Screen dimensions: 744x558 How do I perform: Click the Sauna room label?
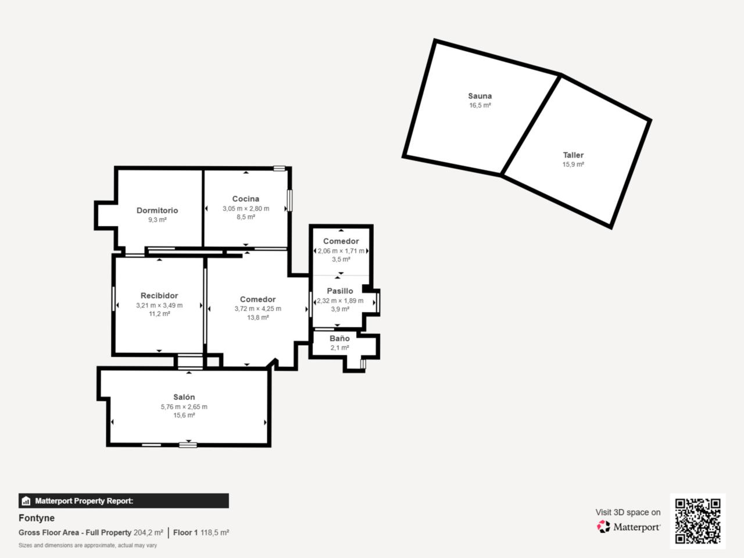point(480,96)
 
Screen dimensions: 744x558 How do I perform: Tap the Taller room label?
point(573,155)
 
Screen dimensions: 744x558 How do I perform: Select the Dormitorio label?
point(158,210)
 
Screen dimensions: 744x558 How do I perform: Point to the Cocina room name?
point(246,199)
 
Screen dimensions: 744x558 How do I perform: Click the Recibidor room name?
point(159,295)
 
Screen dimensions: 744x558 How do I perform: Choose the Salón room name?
point(184,397)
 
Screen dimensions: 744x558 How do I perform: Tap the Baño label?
point(339,338)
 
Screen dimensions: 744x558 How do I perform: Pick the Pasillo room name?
point(340,291)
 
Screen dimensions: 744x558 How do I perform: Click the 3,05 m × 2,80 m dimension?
point(246,208)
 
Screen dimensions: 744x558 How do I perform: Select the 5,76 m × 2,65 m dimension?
point(184,406)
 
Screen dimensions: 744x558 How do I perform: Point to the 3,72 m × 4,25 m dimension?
point(258,309)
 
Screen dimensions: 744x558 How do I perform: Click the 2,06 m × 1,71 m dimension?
point(341,251)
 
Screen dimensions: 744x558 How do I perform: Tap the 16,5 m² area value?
point(480,105)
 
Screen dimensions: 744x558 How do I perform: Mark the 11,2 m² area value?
point(159,314)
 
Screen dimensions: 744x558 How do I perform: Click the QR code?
point(698,521)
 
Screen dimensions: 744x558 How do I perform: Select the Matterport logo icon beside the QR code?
point(603,527)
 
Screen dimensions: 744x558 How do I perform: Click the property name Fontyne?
point(37,518)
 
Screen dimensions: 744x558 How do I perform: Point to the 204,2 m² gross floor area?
point(148,532)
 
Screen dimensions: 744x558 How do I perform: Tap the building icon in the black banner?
point(26,500)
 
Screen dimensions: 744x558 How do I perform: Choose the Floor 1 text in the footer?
point(185,532)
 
